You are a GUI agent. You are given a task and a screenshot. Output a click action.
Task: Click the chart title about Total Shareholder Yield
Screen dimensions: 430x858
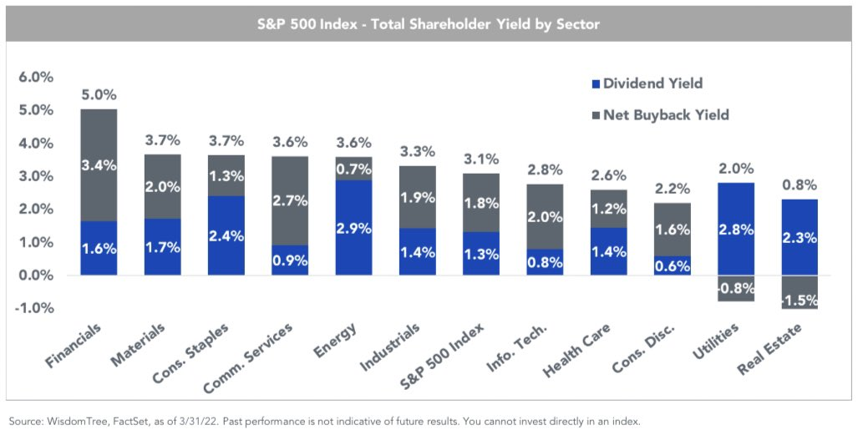[x=428, y=24]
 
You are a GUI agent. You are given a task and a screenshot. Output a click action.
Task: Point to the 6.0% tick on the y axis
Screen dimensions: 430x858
[x=36, y=77]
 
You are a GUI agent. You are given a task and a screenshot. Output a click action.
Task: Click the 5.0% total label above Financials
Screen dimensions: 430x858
[x=99, y=94]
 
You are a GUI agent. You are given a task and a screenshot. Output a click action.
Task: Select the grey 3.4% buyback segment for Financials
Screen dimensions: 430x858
[x=99, y=165]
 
